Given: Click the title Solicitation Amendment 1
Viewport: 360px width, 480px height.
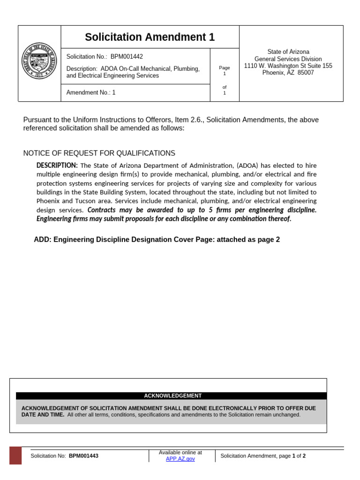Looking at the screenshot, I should (x=150, y=37).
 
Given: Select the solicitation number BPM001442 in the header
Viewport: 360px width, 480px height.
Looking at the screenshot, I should (x=127, y=57).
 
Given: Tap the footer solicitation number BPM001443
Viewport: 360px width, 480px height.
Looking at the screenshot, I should (x=83, y=456).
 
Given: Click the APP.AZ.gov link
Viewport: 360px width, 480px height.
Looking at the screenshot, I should (x=180, y=459).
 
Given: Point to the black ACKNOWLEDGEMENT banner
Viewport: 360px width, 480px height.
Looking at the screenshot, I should (x=172, y=396).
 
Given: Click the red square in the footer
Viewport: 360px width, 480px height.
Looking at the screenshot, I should (x=15, y=455).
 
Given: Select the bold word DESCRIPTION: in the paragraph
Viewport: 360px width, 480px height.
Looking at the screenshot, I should (x=57, y=165).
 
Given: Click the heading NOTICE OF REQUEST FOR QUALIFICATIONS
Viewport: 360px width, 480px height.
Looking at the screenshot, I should (x=99, y=153).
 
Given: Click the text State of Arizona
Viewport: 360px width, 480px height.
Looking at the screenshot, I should (x=288, y=52).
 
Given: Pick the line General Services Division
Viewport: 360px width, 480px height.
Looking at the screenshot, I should (x=288, y=59).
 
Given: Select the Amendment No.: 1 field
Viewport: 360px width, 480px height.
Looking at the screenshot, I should (x=91, y=92).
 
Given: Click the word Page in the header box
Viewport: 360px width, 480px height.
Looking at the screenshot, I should (x=225, y=68).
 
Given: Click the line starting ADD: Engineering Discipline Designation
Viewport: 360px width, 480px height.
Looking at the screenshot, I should (x=157, y=240).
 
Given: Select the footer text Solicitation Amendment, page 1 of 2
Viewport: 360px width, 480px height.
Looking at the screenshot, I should (x=262, y=456).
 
